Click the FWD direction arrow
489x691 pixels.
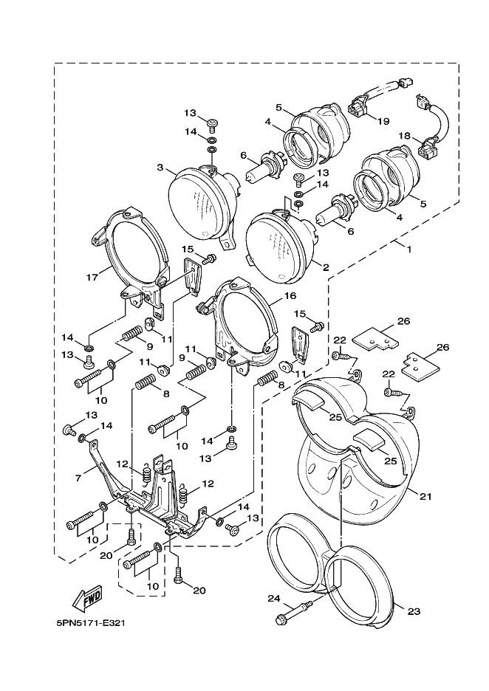point(86,596)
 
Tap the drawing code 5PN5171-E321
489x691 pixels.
point(90,622)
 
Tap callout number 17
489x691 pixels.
point(92,278)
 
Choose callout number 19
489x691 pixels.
point(383,121)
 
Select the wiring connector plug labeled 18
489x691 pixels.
point(427,151)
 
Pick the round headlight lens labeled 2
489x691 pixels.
point(281,244)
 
